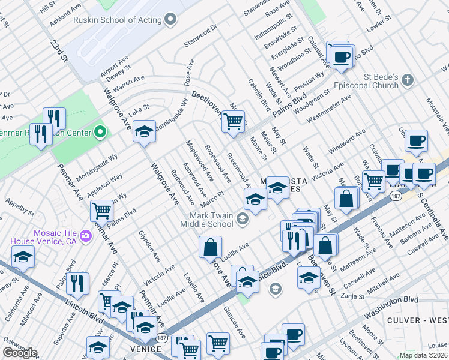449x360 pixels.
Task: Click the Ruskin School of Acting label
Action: (x=118, y=20)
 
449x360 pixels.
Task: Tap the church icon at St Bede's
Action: (x=408, y=80)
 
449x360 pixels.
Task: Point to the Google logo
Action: (x=19, y=353)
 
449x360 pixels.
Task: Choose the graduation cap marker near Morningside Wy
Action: (x=144, y=131)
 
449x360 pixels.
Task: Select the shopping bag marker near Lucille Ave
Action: (x=211, y=247)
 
